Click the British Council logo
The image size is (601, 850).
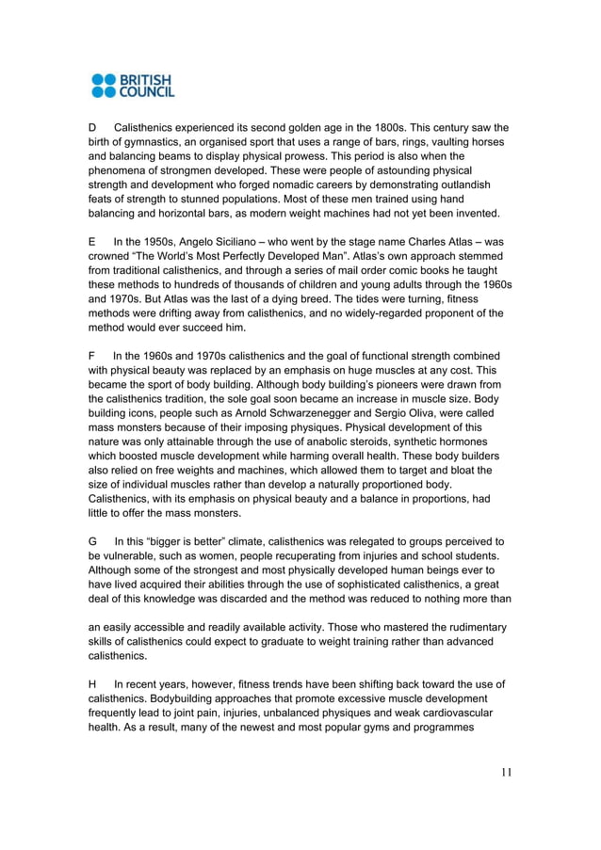(x=133, y=85)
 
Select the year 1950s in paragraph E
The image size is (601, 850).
(x=154, y=242)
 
